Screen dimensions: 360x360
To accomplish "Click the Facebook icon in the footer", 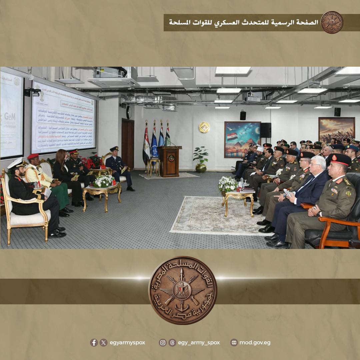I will coord(94,343).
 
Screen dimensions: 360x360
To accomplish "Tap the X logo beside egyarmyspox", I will coord(104,343).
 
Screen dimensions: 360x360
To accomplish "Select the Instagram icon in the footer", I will coord(162,343).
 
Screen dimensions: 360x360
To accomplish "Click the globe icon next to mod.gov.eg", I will coord(234,343).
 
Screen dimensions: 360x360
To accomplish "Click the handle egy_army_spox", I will coord(199,343).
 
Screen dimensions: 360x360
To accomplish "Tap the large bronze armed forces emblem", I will coord(182,290).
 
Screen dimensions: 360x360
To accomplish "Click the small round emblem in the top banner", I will coord(332,22).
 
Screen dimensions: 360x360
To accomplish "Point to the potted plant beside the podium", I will coord(201,159).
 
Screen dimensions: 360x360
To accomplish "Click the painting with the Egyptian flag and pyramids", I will coord(242,139).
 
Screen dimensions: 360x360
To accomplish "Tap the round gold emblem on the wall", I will coord(204,127).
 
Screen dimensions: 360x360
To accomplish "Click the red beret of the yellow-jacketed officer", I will coord(33,156).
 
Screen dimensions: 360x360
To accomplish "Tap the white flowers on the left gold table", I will coord(104,181).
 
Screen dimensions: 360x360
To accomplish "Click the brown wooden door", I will coord(127,143).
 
